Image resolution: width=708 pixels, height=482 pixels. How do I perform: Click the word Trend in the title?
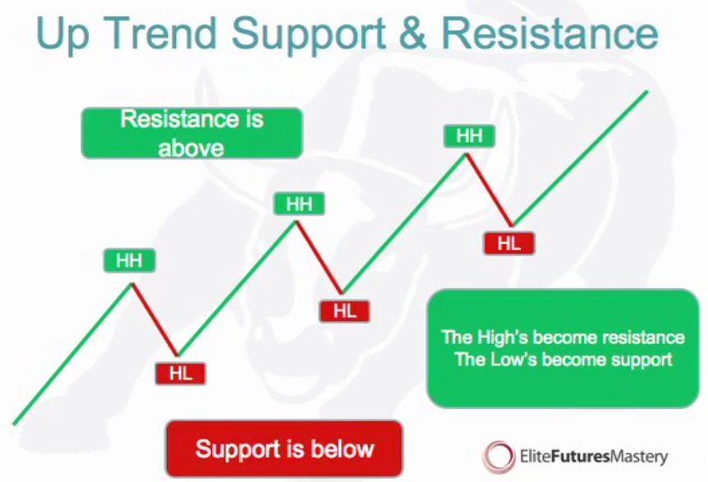point(163,33)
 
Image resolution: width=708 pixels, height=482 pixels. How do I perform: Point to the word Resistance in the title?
point(549,33)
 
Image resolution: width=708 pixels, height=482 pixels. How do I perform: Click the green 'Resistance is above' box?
point(192,133)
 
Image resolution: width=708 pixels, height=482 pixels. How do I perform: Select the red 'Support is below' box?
point(284,448)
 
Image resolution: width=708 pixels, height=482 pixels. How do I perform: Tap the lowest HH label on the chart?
point(129,260)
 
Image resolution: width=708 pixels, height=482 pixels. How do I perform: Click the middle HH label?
point(299,204)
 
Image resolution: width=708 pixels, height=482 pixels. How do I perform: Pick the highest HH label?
point(469,135)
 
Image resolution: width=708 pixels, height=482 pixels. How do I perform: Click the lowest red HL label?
point(181,374)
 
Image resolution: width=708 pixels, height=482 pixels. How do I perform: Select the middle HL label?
point(344,311)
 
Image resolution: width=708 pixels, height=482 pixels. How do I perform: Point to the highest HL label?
point(509,244)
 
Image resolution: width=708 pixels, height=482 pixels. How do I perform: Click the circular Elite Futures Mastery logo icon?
point(498,456)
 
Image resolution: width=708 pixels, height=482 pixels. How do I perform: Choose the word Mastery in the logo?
point(639,457)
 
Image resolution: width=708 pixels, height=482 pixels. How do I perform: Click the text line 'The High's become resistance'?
point(563,337)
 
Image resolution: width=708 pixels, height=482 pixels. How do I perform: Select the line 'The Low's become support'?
point(563,360)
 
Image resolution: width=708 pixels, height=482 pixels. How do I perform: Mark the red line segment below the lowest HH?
point(155,319)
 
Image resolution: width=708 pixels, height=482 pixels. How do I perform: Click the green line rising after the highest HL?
point(580,158)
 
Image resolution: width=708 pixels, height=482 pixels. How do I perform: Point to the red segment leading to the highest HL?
point(490,190)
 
